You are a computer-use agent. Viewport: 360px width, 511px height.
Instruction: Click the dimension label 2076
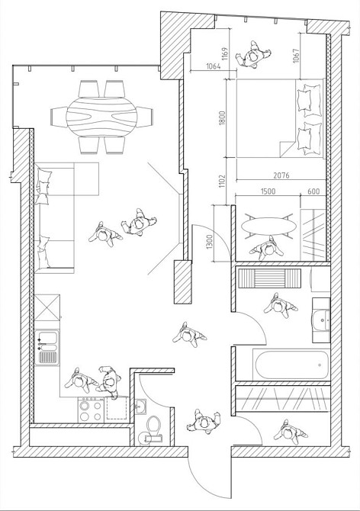pos(281,175)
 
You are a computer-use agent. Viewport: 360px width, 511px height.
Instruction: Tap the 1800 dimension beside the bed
pos(222,118)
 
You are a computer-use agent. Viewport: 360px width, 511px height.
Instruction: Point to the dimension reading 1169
pos(225,54)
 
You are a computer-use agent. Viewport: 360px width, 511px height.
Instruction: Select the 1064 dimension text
pos(214,66)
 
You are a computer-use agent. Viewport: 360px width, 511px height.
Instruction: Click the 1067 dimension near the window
pos(296,56)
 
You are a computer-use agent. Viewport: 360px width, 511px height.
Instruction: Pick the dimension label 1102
pos(222,181)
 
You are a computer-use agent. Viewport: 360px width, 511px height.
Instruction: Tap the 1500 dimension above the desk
pos(268,191)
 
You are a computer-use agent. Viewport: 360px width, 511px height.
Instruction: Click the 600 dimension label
pos(313,191)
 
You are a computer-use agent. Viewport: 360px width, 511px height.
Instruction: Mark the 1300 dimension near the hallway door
pos(210,242)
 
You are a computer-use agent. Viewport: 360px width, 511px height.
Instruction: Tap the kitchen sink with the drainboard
pos(47,347)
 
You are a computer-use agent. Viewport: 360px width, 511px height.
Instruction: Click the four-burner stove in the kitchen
pos(91,410)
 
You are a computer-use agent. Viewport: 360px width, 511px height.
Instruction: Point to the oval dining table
pos(101,117)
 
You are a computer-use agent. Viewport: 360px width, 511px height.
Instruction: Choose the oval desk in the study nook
pos(268,226)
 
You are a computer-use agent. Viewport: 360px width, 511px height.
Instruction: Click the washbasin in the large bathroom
pos(321,320)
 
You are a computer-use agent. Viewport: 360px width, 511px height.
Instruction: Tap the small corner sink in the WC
pos(141,407)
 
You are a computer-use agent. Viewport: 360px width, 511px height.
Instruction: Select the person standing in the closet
pos(289,432)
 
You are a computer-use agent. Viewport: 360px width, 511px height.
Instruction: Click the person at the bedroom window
pos(253,54)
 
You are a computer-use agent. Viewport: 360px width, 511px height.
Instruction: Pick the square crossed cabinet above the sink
pos(47,307)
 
